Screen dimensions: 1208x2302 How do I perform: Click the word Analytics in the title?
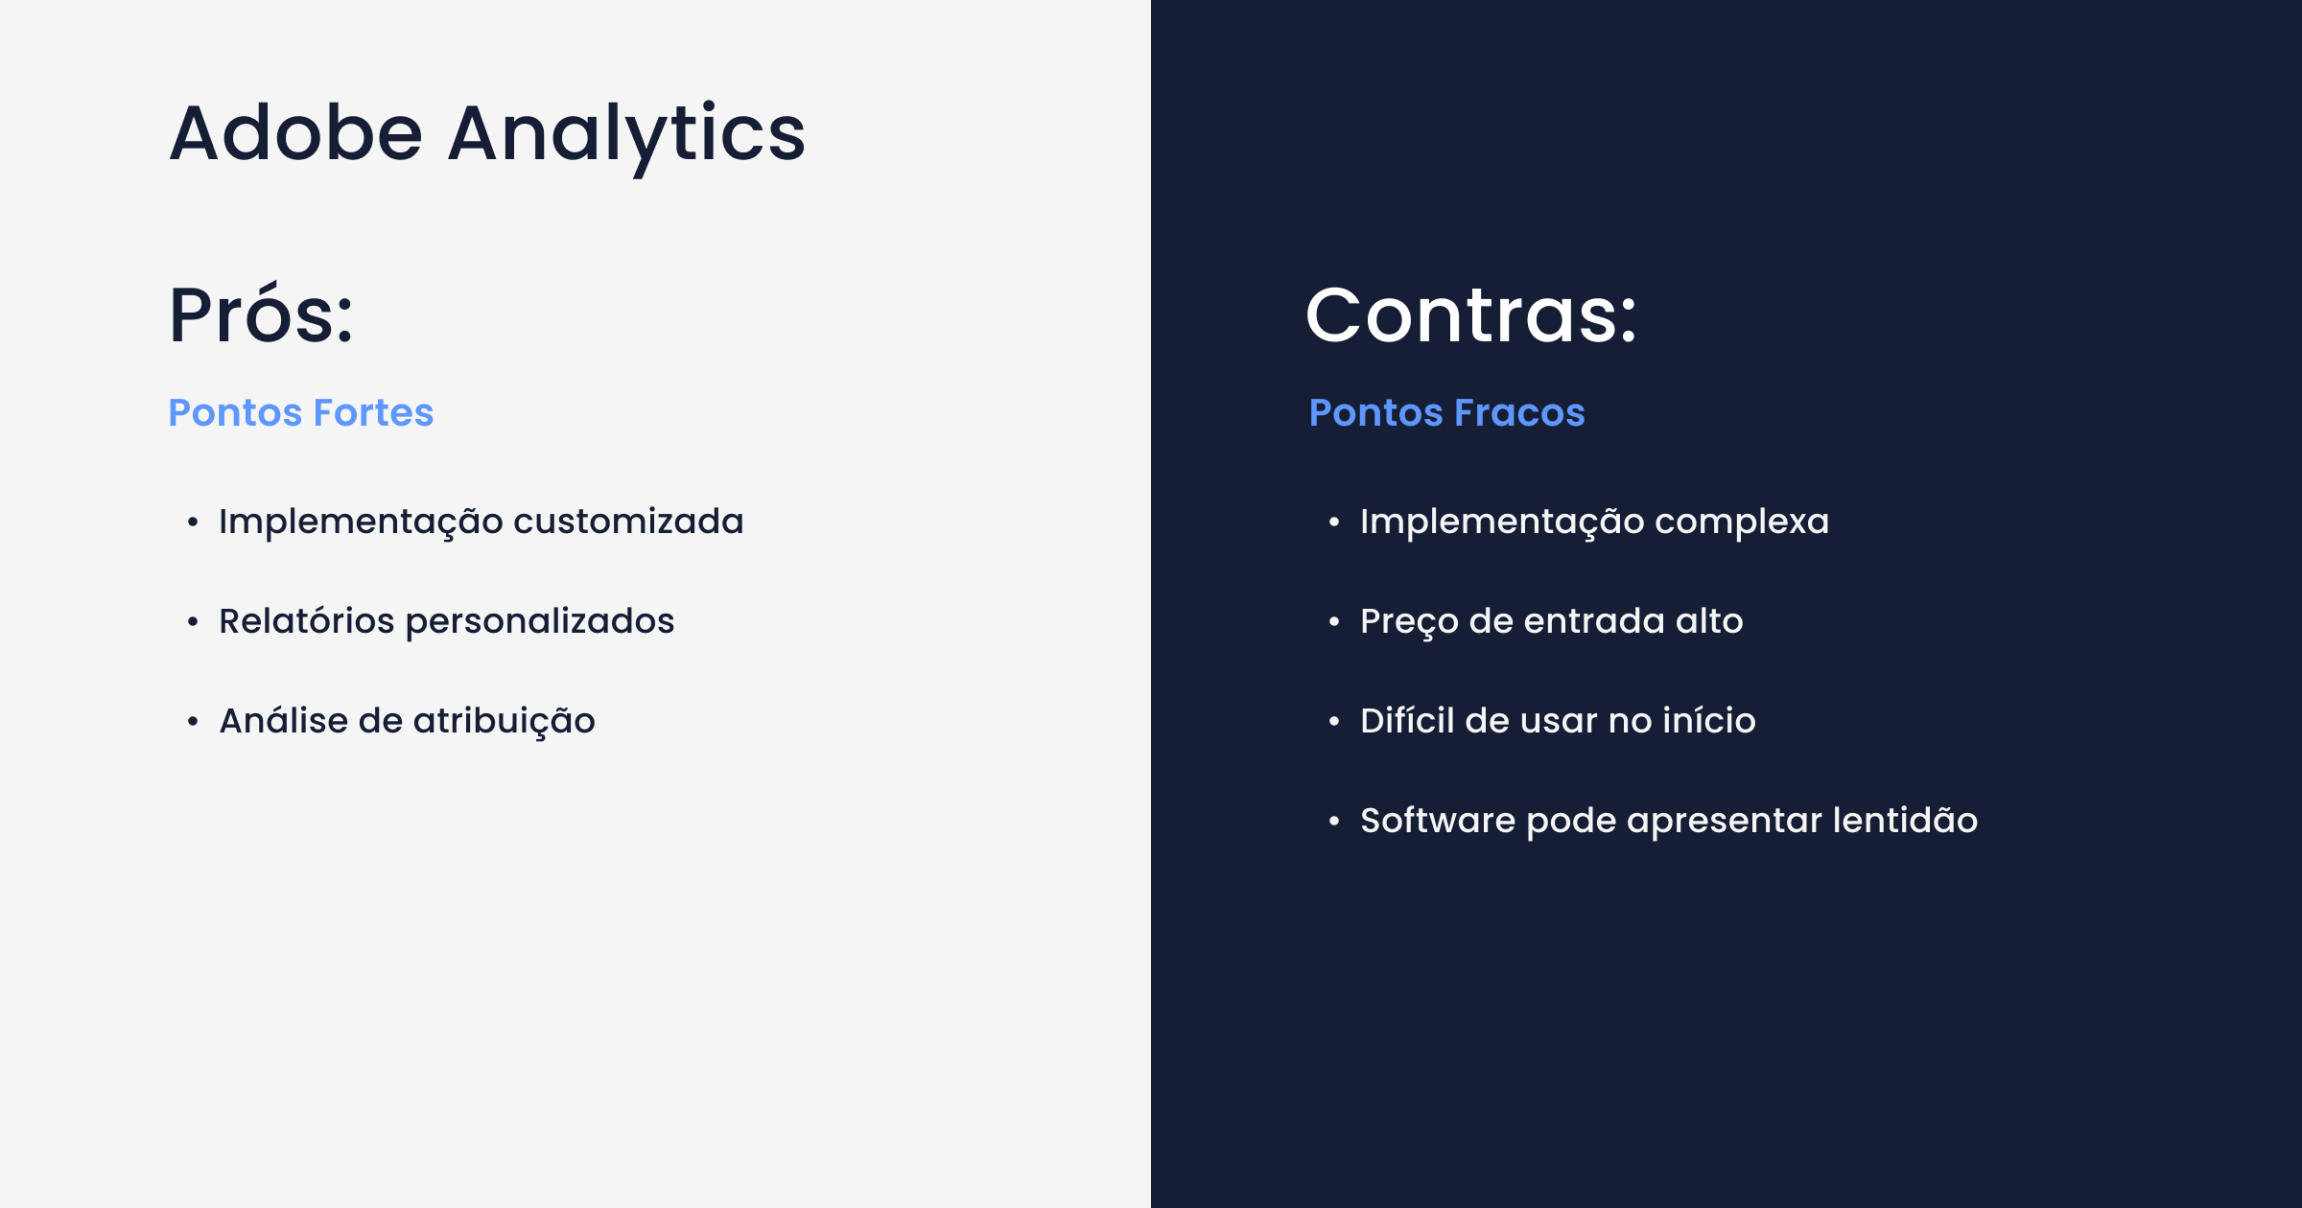(626, 134)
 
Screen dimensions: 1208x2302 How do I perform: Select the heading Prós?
(261, 314)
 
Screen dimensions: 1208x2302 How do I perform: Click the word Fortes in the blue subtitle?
(373, 412)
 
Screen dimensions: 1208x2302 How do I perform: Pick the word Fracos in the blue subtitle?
(1519, 412)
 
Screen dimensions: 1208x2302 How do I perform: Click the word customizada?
(628, 522)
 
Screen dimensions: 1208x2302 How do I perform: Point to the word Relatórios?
(306, 621)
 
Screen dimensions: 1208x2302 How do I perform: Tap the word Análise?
(284, 720)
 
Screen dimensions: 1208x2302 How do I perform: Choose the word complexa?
(1742, 522)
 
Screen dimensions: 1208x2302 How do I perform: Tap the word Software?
(1438, 821)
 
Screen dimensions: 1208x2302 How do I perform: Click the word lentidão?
(1905, 821)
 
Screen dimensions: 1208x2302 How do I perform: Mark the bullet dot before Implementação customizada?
(193, 523)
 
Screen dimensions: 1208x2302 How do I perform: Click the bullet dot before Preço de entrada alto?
(1334, 622)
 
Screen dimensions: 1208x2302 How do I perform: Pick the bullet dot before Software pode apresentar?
(1334, 822)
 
